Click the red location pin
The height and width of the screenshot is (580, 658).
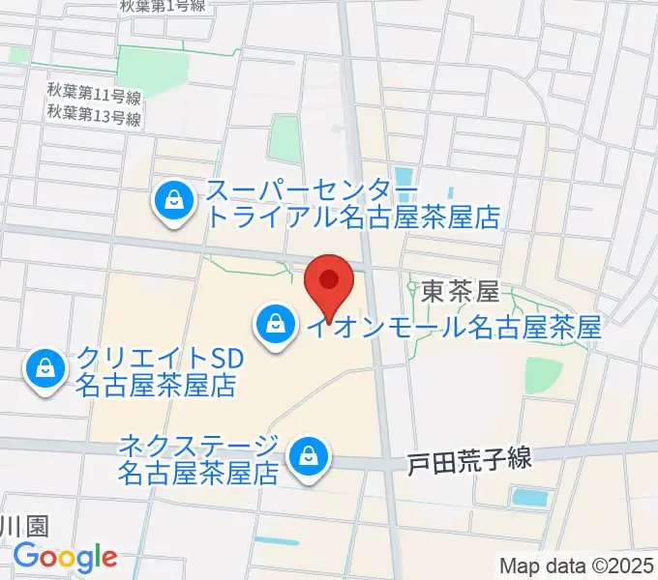[x=329, y=282]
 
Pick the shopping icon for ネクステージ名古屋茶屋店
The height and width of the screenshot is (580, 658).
[x=308, y=454]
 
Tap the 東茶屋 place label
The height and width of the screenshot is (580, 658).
[x=460, y=290]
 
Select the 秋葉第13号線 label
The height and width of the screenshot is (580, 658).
[x=94, y=118]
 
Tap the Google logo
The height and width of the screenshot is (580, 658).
[x=65, y=557]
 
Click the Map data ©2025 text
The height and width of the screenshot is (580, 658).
[x=577, y=565]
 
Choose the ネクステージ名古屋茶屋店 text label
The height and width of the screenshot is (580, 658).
[x=197, y=459]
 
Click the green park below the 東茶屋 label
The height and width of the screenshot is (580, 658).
[x=544, y=374]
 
